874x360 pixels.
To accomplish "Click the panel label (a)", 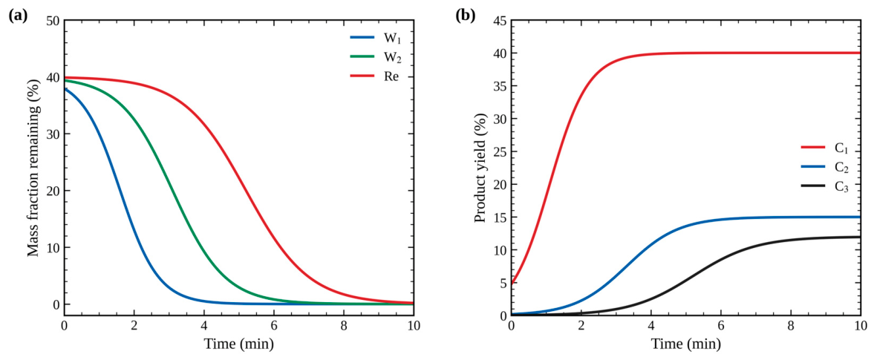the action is [17, 16].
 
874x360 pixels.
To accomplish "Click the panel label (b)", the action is [466, 16].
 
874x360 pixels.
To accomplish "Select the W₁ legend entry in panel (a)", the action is [374, 38].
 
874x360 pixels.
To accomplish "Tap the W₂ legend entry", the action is [374, 57].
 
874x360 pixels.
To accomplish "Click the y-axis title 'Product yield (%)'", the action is [480, 168].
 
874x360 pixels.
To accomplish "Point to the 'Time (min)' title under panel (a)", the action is [238, 345].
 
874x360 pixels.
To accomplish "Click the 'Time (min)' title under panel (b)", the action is [686, 345].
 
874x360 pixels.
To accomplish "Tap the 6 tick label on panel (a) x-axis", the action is [274, 327].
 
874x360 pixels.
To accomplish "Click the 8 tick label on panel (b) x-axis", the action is [791, 327].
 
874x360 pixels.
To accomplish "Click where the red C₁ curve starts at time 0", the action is [512, 283].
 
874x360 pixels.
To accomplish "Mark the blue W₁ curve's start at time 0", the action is [65, 88].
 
